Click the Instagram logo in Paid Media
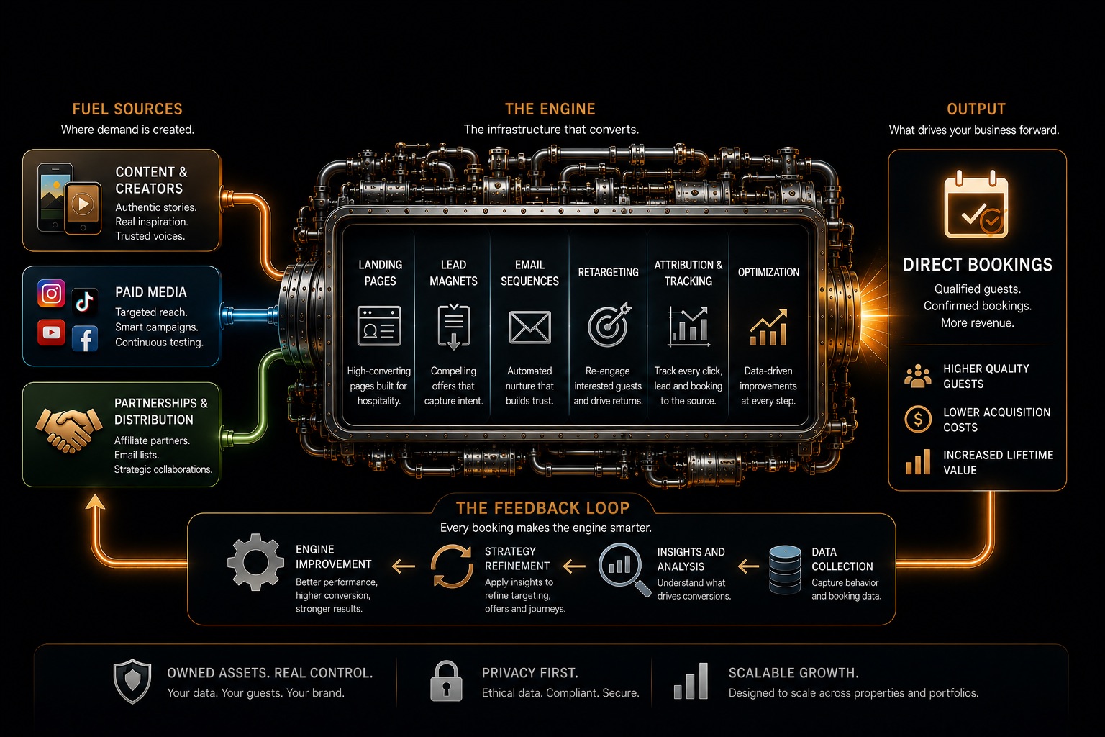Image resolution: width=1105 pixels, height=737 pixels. pos(51,294)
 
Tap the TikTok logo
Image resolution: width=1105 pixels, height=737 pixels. pos(84,301)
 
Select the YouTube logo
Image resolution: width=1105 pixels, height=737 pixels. pos(51,333)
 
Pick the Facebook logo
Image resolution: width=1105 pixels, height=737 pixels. pos(85,339)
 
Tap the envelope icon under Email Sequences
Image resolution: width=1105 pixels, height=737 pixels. pos(529,327)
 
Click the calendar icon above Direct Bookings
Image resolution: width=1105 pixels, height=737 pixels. pos(976,204)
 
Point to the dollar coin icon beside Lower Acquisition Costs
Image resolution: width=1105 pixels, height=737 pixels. pos(918,419)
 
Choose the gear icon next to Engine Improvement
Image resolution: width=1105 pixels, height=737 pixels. pos(255,562)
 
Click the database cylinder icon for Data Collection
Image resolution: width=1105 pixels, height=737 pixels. pos(785,569)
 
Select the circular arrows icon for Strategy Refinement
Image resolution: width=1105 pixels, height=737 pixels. pos(452,566)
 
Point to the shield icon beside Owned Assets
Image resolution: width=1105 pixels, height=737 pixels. pos(132,681)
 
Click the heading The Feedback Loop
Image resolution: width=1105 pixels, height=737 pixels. pos(542,508)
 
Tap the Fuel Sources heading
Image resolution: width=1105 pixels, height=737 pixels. pos(127,109)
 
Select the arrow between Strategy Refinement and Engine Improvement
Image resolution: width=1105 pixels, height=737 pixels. pos(404,566)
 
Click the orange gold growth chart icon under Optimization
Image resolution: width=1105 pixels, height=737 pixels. pos(768,327)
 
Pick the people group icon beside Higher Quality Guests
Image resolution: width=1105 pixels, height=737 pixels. pos(918,376)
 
